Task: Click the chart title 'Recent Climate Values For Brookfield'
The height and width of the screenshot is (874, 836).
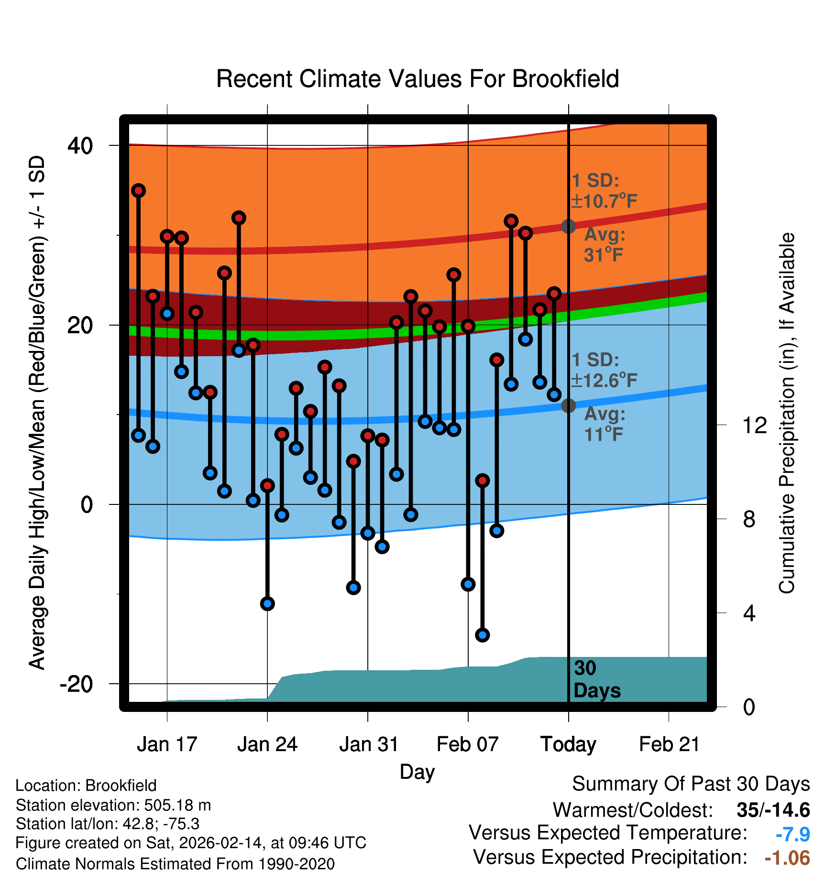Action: [x=418, y=79]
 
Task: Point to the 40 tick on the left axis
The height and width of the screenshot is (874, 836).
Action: [x=80, y=145]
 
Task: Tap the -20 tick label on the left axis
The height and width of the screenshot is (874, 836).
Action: [x=77, y=684]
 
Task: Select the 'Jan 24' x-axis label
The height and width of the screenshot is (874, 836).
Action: [x=267, y=744]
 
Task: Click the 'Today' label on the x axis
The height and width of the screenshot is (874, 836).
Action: [x=568, y=744]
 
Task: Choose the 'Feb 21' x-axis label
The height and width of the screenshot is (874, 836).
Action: [x=669, y=744]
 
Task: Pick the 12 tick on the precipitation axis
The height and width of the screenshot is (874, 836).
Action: [x=754, y=425]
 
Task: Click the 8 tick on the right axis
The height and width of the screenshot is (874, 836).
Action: [x=749, y=519]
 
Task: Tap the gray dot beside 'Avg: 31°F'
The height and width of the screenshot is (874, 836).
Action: [x=568, y=226]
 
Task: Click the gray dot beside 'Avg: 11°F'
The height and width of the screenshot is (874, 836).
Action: [x=568, y=405]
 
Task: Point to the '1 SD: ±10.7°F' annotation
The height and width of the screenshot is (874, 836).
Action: [x=604, y=191]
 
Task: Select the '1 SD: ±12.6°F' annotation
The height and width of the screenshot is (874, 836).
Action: [x=604, y=370]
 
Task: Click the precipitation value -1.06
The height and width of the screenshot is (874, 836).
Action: [x=787, y=858]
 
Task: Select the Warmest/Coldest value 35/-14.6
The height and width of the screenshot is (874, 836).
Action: [x=773, y=810]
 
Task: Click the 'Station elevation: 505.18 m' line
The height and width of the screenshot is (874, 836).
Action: [x=113, y=805]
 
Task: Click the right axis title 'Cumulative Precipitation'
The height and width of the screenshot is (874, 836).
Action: [x=787, y=413]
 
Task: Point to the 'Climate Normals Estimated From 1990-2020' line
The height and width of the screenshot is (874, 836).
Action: [x=175, y=863]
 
